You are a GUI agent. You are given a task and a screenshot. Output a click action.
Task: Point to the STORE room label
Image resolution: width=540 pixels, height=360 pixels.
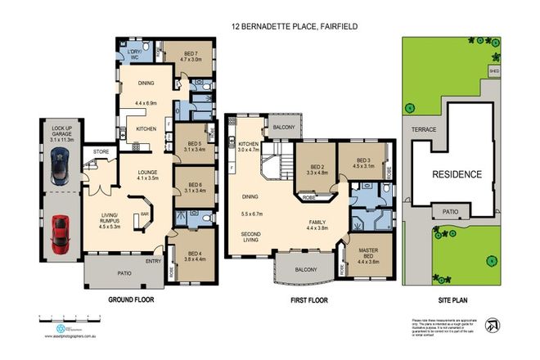click(x=101, y=151)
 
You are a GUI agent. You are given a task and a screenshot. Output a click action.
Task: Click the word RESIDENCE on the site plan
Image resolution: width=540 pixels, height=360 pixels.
click(x=457, y=174)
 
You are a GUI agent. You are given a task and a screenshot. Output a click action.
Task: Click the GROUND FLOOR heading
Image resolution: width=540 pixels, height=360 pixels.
click(x=132, y=300)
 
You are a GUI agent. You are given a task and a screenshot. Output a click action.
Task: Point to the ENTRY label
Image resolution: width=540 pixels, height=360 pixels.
click(x=153, y=262)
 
